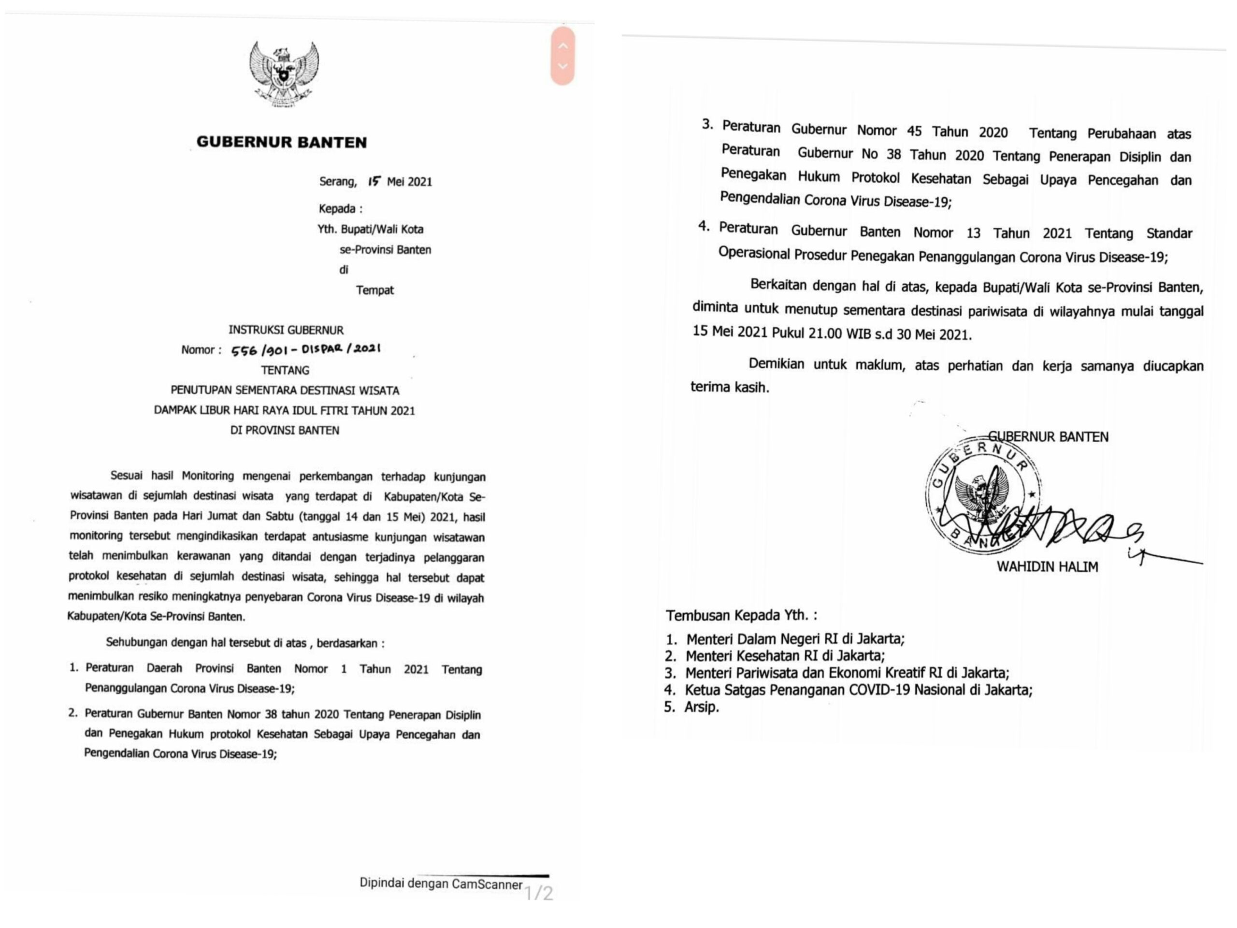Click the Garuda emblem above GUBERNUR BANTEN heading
284,74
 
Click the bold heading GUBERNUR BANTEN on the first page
281,142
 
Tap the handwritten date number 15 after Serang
374,181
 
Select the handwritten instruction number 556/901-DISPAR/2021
306,349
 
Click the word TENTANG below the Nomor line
285,370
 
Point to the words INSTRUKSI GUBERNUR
286,330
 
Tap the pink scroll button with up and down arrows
562,56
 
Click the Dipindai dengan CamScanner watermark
441,884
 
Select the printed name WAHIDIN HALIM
1047,566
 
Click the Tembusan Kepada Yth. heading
741,615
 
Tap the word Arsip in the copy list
701,707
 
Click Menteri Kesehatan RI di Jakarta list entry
785,655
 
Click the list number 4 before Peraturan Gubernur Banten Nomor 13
704,227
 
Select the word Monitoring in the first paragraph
207,476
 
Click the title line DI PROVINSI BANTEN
285,430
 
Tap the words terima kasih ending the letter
729,387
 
